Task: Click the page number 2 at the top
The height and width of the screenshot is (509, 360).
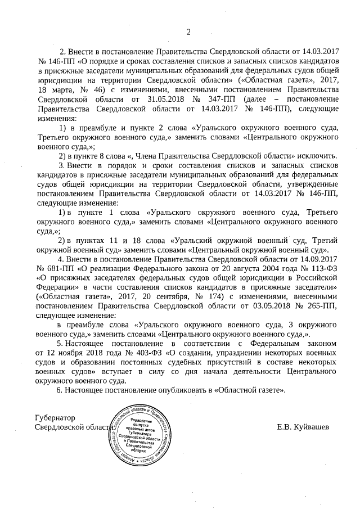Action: click(x=188, y=31)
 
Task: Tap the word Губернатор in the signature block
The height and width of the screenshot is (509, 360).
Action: click(x=55, y=418)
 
